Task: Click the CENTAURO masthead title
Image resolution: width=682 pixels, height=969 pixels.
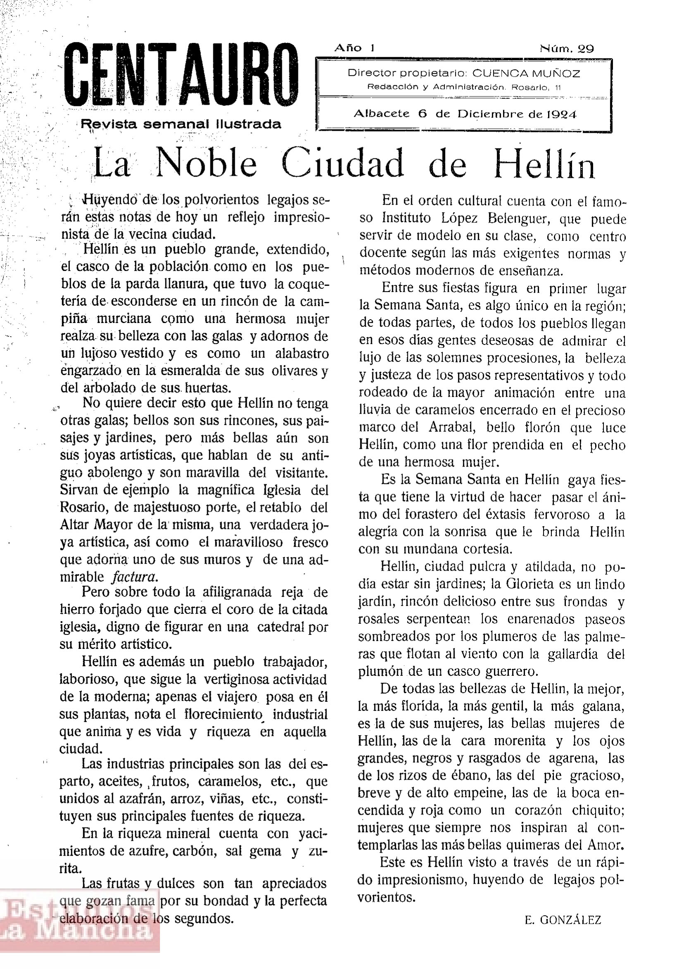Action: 181,76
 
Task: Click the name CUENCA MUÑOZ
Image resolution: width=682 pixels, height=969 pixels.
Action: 526,74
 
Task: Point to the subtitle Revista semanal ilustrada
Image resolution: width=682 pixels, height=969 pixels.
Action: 181,124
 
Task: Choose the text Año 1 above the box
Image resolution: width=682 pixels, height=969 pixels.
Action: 354,48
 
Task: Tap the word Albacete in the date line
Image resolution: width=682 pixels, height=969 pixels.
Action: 382,114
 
